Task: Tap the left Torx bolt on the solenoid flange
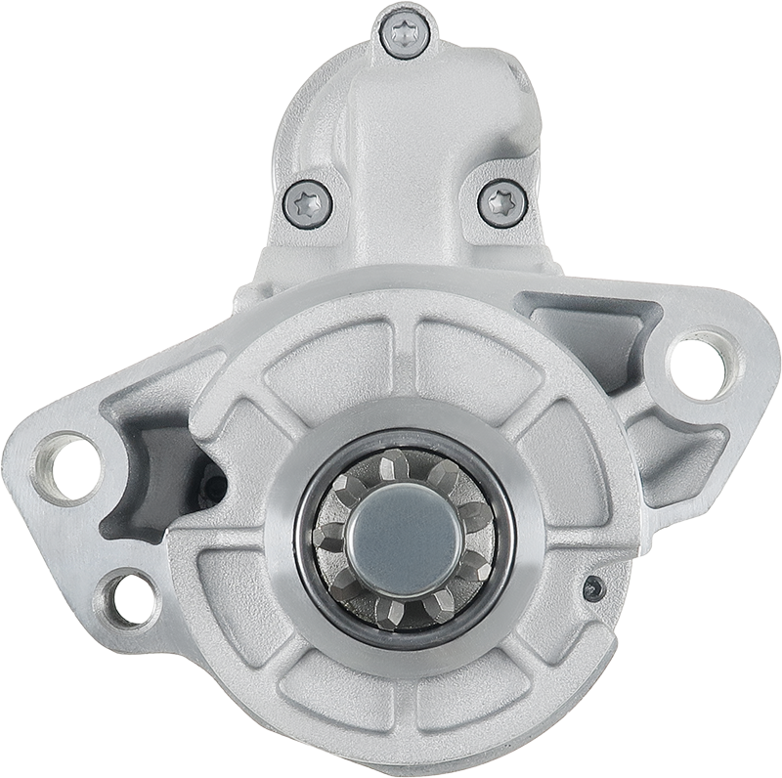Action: [x=308, y=203]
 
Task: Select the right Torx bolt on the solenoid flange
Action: [x=502, y=203]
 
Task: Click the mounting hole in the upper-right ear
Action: [x=701, y=364]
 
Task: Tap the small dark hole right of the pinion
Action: [x=591, y=588]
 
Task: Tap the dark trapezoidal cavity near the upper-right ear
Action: [x=586, y=332]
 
